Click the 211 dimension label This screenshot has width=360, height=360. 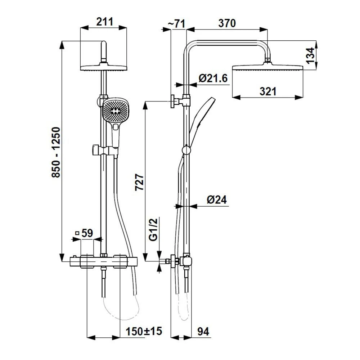tap(104, 22)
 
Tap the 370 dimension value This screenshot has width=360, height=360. tap(227, 23)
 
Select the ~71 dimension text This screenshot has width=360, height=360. tap(176, 24)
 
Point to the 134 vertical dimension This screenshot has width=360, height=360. tap(310, 55)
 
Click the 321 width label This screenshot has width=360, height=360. tap(268, 91)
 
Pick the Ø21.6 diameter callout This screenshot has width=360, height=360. tap(213, 78)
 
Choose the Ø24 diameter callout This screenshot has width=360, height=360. tap(217, 199)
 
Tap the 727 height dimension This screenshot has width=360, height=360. tap(139, 182)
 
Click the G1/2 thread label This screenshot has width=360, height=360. tap(153, 229)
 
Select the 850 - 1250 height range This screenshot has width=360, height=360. tap(56, 152)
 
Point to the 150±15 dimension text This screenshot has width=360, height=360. tap(144, 331)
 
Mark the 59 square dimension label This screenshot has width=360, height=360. tap(87, 233)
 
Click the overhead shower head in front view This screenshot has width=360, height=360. tap(104, 68)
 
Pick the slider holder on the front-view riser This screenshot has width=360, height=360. tap(104, 150)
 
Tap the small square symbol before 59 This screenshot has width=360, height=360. tap(77, 233)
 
